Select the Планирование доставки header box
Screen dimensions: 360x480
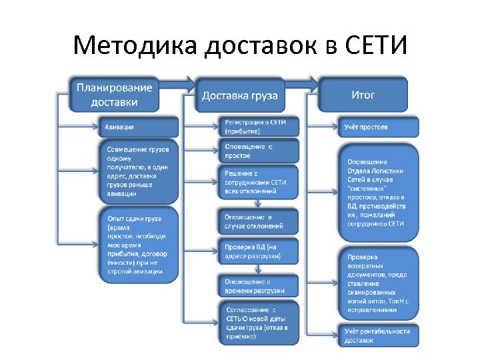(x=114, y=94)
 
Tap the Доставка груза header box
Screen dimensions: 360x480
(x=240, y=95)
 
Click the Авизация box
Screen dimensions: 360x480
(x=140, y=127)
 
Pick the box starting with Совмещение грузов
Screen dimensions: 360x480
(x=140, y=171)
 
